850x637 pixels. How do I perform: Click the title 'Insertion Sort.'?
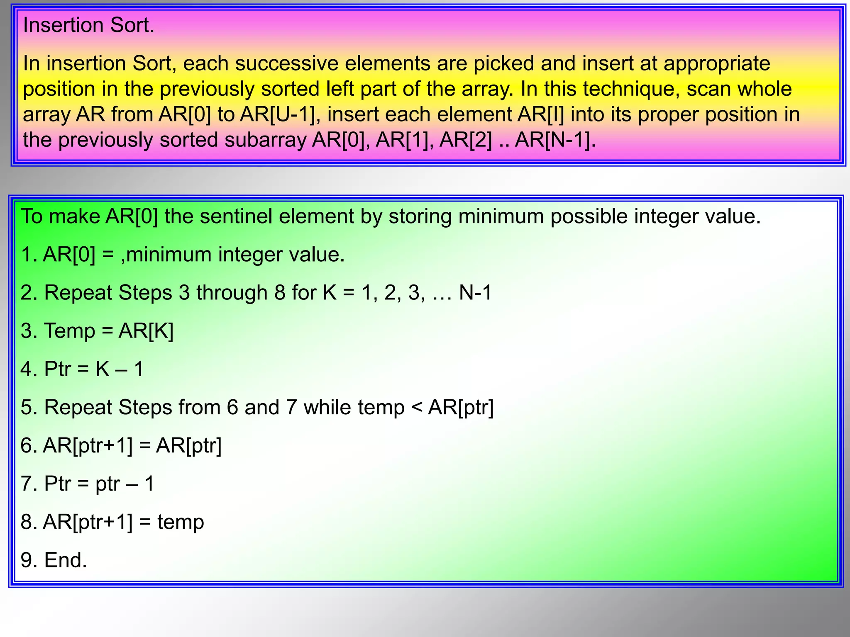tap(88, 25)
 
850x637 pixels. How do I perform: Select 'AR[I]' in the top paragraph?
tap(540, 114)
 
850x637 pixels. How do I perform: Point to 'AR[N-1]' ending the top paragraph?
tap(554, 140)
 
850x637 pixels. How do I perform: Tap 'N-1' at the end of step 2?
tap(475, 293)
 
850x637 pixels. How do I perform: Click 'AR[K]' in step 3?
tap(146, 331)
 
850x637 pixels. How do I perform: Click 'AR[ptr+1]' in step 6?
tap(88, 446)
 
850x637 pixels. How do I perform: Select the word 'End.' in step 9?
tap(66, 560)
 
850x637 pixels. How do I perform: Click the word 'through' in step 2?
tap(232, 293)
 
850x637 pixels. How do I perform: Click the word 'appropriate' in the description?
tap(717, 64)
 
